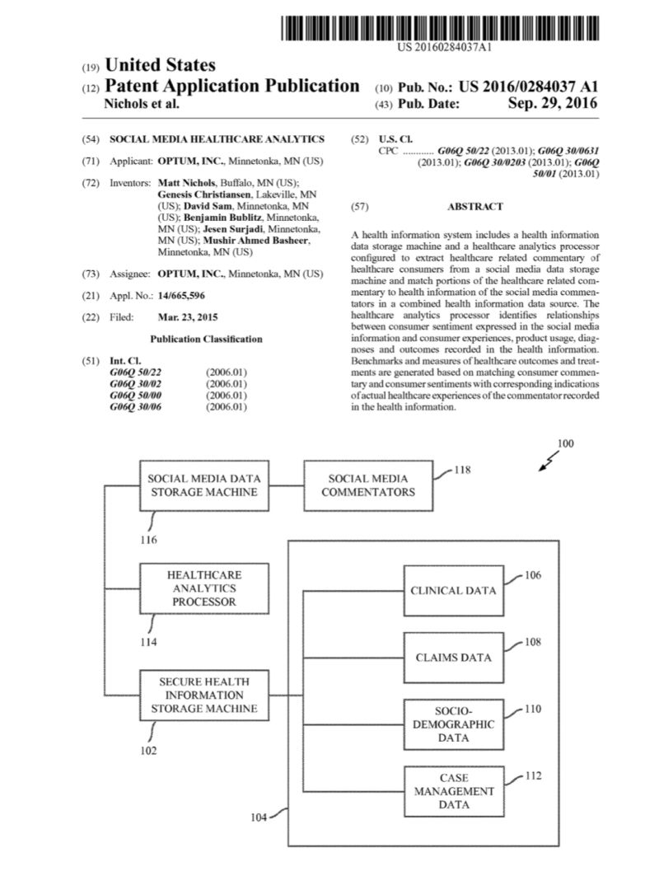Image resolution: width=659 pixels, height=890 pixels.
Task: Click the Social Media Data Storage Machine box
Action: tap(203, 485)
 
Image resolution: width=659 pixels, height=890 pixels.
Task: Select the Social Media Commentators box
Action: tap(368, 485)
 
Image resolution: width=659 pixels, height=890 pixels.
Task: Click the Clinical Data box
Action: tap(453, 590)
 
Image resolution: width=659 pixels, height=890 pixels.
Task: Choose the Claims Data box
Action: tap(453, 658)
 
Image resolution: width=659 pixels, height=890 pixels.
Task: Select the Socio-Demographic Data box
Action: tap(453, 724)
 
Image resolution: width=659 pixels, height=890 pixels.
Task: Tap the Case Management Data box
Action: tap(453, 791)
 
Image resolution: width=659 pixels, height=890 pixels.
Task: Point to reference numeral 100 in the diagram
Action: tap(565, 443)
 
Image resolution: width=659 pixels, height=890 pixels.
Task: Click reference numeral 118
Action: tap(462, 470)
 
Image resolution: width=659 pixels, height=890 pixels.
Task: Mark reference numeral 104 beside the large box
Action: tap(259, 817)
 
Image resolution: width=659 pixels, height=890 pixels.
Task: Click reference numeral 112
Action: tap(534, 775)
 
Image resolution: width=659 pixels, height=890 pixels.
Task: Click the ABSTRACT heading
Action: tap(474, 207)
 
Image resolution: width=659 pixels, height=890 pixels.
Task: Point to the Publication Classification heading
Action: tap(207, 339)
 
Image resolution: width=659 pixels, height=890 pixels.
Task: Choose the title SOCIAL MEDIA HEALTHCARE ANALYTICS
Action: tap(217, 139)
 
